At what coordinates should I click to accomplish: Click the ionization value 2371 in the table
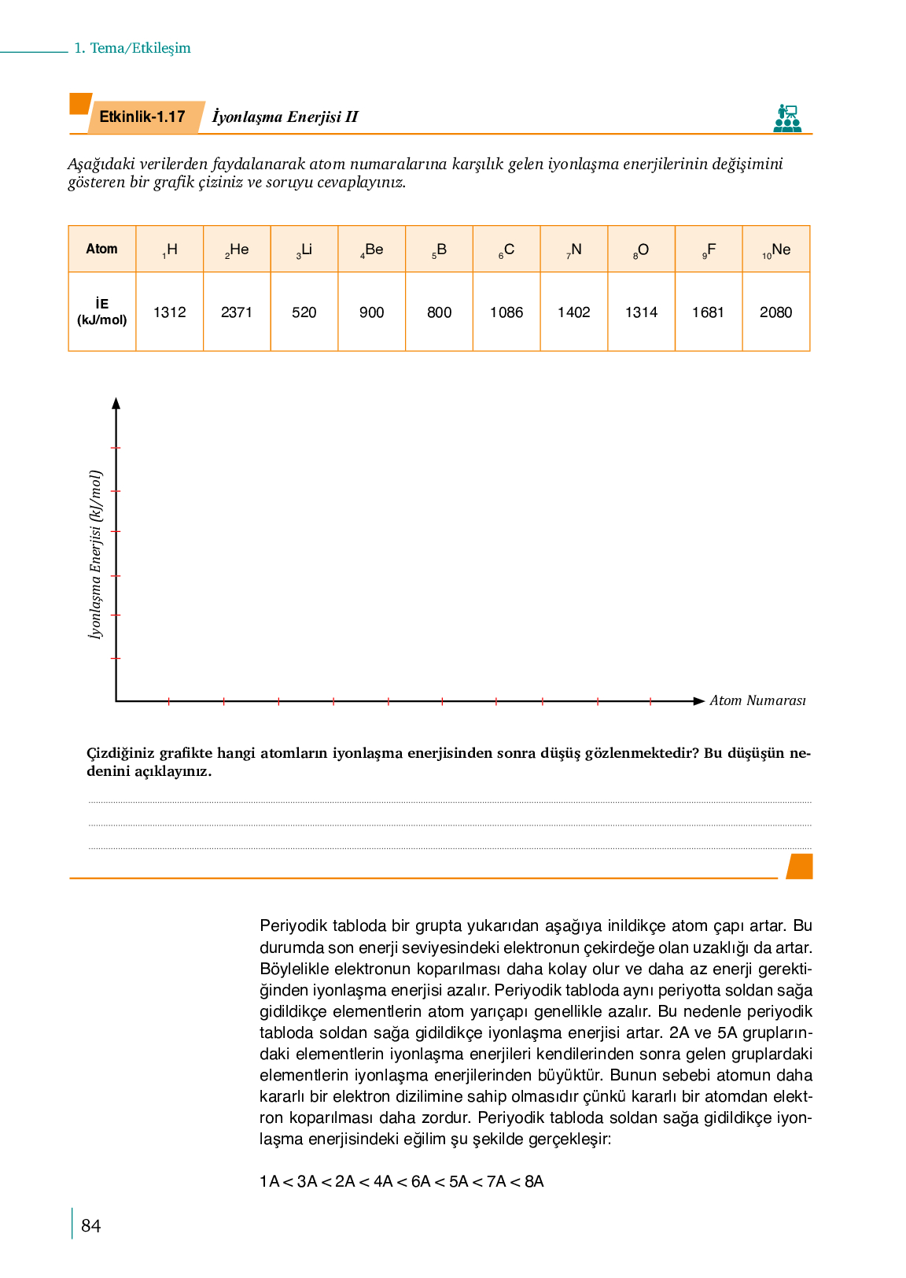237,312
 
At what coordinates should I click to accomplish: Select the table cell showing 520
304,312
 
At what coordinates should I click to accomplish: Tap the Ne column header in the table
776,250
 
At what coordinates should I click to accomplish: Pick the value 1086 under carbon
506,312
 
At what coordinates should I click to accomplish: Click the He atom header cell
237,250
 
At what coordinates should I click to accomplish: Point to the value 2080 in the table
776,312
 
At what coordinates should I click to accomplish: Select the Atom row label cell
102,249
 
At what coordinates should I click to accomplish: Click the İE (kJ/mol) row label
102,312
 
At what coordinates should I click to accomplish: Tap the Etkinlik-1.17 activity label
142,117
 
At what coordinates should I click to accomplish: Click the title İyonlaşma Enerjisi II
285,117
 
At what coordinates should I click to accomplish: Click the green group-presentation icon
787,118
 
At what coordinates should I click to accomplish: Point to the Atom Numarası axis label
757,700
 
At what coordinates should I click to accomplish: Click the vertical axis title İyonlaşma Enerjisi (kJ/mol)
95,554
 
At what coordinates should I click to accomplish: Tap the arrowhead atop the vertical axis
116,404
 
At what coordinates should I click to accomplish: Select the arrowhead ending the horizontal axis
698,700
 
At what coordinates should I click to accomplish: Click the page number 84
91,1225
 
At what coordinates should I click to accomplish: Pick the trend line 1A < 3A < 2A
402,1181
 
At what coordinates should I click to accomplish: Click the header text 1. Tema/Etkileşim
132,48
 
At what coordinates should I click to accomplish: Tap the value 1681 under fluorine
709,312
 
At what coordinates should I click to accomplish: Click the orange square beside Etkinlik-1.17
79,104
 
